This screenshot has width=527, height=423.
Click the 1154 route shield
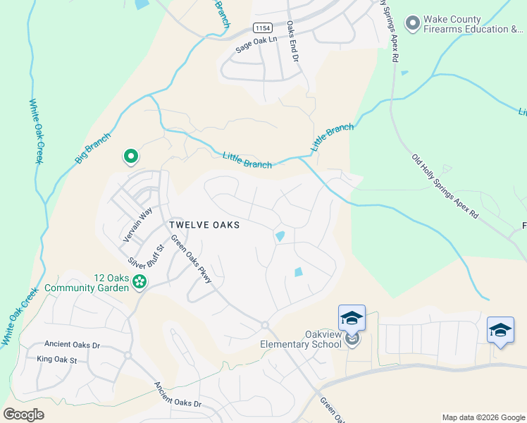[x=263, y=27]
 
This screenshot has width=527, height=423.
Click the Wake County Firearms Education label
[x=472, y=25]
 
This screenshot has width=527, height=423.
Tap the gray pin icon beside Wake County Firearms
[x=411, y=23]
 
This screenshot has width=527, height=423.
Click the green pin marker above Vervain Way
[x=130, y=157]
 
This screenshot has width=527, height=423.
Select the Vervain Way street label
[x=138, y=225]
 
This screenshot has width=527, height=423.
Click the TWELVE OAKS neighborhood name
[x=204, y=225]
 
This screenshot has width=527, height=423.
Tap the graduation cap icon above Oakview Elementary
[x=352, y=317]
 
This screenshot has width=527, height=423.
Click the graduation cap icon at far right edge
[x=500, y=329]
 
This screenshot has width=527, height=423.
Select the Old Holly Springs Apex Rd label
[x=445, y=185]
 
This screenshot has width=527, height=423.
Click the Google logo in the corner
[x=23, y=415]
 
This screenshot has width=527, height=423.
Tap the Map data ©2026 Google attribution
[x=483, y=417]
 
